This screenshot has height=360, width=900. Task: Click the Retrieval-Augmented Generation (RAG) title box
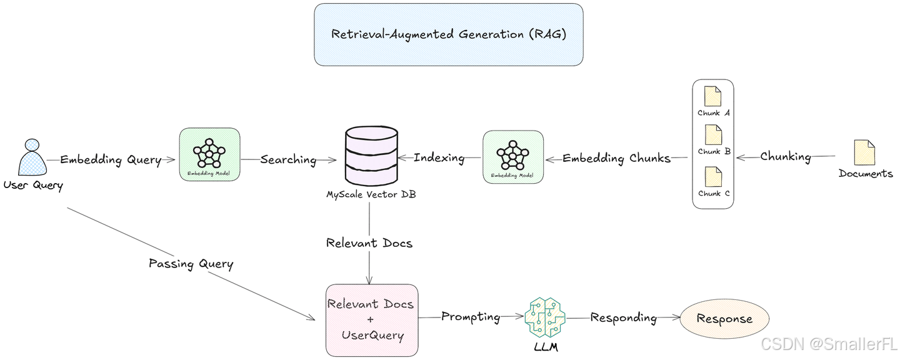pyautogui.click(x=448, y=34)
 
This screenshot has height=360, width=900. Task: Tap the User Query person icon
pyautogui.click(x=32, y=157)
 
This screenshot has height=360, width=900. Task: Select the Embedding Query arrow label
pyautogui.click(x=110, y=159)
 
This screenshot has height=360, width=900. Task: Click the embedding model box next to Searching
pyautogui.click(x=209, y=155)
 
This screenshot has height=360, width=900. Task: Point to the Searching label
pyautogui.click(x=288, y=159)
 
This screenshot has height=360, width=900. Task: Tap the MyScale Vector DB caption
pyautogui.click(x=371, y=194)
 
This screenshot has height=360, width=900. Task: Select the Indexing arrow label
pyautogui.click(x=439, y=158)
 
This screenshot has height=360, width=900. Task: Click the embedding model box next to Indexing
pyautogui.click(x=513, y=157)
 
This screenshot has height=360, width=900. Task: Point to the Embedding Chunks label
pyautogui.click(x=616, y=158)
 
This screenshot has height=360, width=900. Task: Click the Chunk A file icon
pyautogui.click(x=712, y=97)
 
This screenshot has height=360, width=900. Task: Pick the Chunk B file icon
pyautogui.click(x=712, y=134)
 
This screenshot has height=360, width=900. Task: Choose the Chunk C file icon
pyautogui.click(x=712, y=176)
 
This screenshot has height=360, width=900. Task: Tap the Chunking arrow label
pyautogui.click(x=786, y=156)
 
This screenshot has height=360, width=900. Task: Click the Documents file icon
pyautogui.click(x=865, y=153)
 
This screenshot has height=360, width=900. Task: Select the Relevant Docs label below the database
pyautogui.click(x=369, y=242)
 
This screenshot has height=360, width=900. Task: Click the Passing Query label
pyautogui.click(x=191, y=263)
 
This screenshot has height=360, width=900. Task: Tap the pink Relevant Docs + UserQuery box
pyautogui.click(x=372, y=319)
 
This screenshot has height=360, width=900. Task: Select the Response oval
pyautogui.click(x=724, y=319)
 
